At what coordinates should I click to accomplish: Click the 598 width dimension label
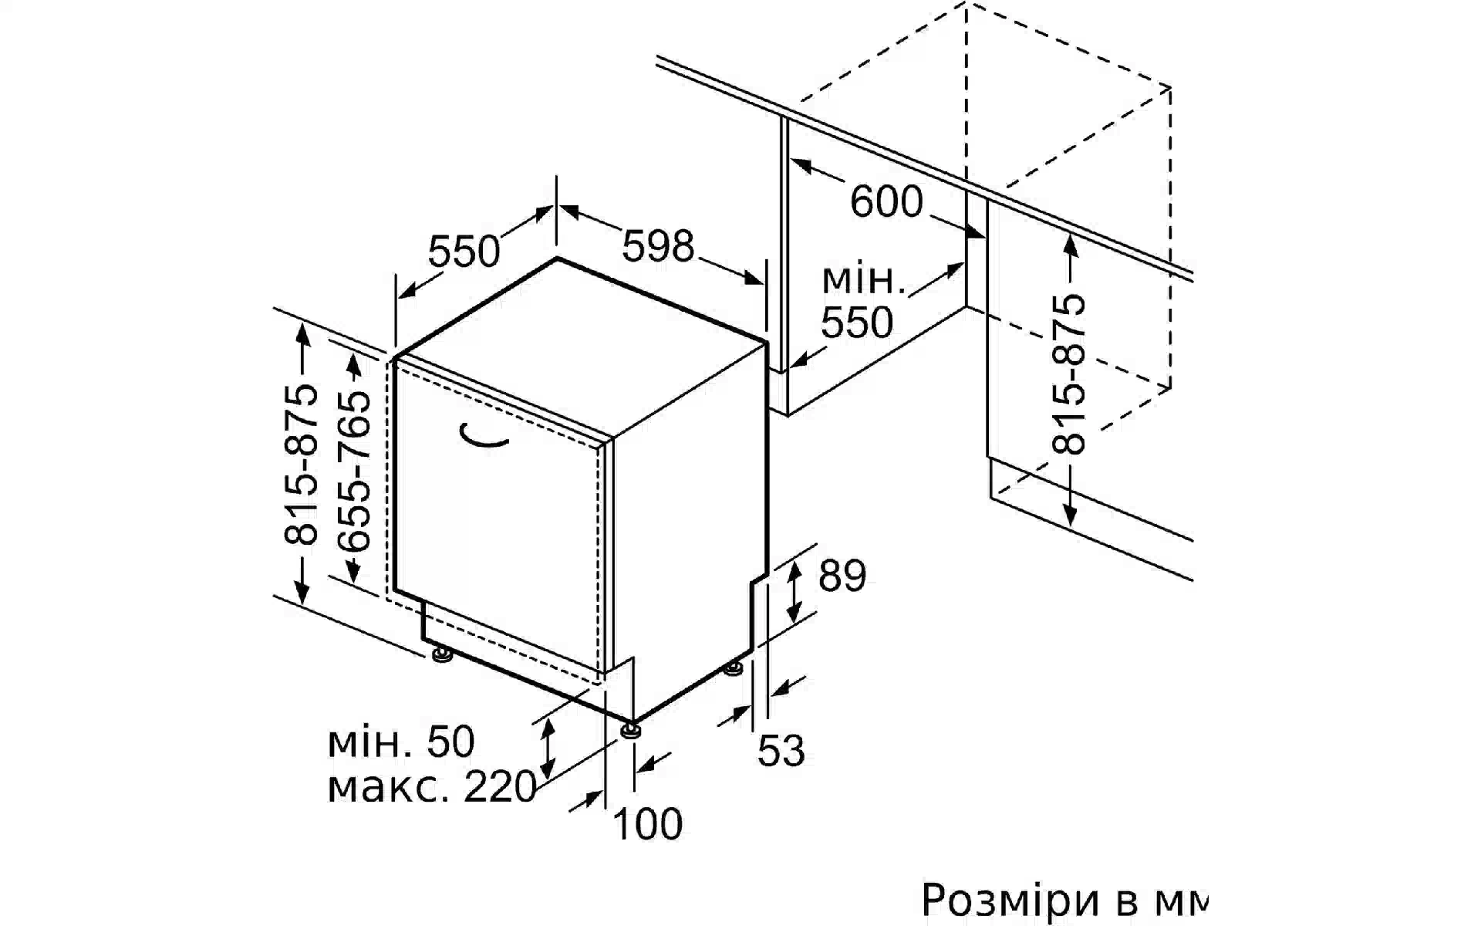pos(658,246)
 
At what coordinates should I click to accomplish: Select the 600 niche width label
pos(886,201)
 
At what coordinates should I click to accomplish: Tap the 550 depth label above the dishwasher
pos(464,251)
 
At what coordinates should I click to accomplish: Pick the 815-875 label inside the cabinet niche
pos(1070,373)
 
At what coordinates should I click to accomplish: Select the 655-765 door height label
pos(354,471)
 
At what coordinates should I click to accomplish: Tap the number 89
pos(842,576)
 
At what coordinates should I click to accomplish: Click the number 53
pos(781,751)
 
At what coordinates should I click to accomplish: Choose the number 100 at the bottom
pos(647,824)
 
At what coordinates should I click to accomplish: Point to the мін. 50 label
pos(401,742)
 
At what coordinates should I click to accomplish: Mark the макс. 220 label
pos(432,788)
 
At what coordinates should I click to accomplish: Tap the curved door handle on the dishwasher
pos(483,436)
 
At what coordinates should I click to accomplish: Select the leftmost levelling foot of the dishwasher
pos(442,656)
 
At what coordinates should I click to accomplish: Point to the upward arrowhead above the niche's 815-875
pos(1070,244)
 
